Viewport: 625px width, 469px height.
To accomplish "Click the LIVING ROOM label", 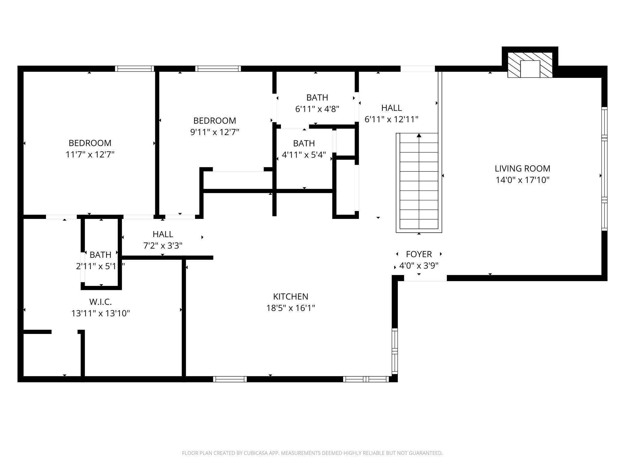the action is pos(523,168).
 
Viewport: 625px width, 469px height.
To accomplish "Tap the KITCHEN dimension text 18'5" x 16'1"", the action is pos(291,308).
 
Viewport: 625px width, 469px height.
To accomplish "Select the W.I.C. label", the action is pos(100,302).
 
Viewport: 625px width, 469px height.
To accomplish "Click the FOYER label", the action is pos(419,254).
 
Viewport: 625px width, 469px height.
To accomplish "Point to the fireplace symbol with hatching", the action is pos(530,65).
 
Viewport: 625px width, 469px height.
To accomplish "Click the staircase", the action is pos(419,182).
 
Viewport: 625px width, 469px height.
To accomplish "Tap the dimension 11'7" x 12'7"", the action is pos(90,155).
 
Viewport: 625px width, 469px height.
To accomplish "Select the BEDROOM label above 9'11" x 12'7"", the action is pos(215,121).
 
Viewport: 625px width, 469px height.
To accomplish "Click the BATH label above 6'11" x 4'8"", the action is pos(317,97).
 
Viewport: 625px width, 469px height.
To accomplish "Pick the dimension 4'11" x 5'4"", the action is pos(304,155).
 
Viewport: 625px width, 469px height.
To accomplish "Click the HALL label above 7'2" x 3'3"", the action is pos(163,234).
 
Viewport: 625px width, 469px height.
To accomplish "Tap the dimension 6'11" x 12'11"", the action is pos(391,119).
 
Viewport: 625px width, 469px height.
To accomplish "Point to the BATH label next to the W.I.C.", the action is pos(100,255).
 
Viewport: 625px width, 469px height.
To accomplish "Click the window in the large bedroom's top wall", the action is pos(135,69).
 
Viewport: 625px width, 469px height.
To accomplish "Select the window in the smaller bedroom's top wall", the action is pos(218,69).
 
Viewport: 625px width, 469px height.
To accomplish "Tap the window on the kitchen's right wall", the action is pos(395,351).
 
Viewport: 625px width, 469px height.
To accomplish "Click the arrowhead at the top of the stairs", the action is pos(419,136).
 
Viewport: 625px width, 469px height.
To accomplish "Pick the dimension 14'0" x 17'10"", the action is pos(523,180).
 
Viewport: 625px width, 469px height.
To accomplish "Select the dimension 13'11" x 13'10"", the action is pos(100,313).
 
